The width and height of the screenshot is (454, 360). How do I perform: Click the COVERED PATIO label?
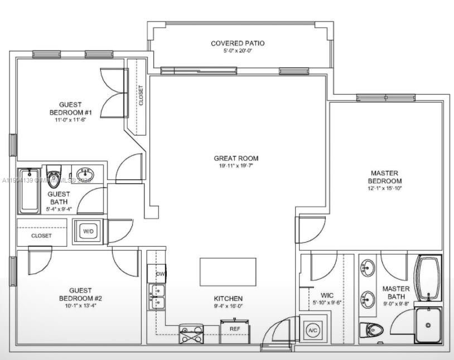coord(238,44)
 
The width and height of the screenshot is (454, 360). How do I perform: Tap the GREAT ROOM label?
coord(236,159)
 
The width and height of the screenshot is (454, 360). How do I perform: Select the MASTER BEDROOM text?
coord(385,177)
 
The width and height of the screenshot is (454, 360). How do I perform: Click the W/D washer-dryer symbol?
coord(88,231)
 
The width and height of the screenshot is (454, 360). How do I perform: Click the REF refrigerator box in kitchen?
coord(235,329)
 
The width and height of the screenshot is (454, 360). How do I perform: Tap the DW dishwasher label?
coord(160,274)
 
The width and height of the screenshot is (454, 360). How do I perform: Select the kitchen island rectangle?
coord(228,272)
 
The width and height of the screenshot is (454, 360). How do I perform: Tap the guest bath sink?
coord(85,174)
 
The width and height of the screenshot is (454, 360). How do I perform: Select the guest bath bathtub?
coord(29,190)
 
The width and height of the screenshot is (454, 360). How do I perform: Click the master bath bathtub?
coord(428,277)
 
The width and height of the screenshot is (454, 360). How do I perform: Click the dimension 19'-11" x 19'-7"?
coord(236,166)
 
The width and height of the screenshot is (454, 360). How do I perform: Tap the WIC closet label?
coord(327,295)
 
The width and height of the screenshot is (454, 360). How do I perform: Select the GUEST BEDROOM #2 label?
coord(80,294)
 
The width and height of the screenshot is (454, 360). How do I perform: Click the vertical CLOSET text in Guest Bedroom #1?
coord(141,95)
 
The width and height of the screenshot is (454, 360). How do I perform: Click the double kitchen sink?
coord(156,297)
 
